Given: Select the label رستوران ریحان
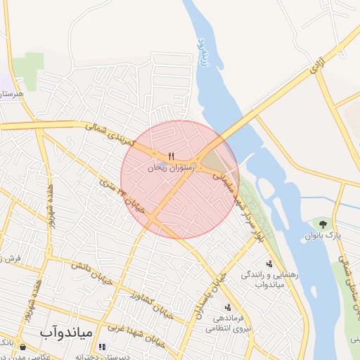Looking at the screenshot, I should coord(169,169).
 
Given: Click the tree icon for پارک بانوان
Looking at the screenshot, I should coord(323,224).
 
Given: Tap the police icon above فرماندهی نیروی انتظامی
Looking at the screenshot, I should coord(227,307).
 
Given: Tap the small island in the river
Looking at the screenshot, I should coord(266,187).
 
